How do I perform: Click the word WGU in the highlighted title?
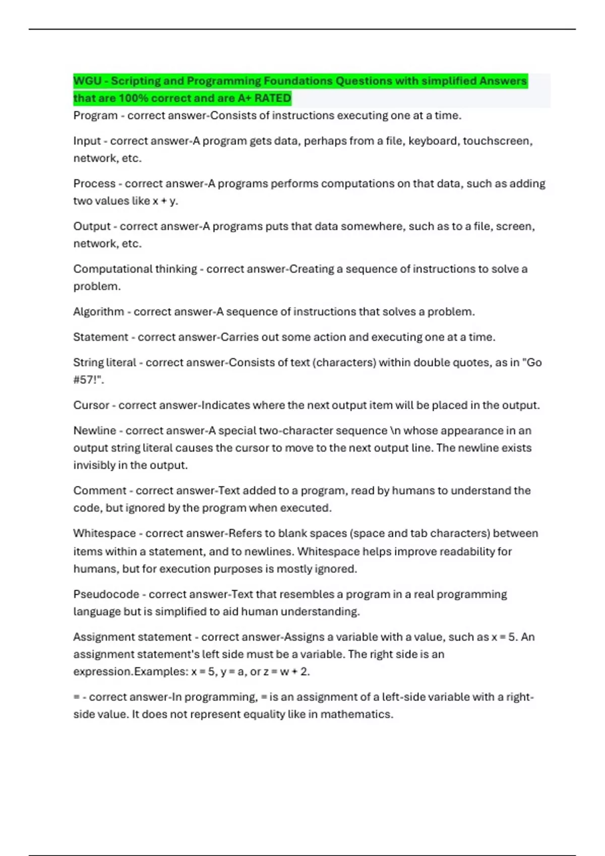point(88,81)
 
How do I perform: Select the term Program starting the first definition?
point(95,116)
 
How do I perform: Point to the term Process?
point(94,184)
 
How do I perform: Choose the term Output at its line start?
point(92,227)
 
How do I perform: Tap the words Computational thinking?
point(135,269)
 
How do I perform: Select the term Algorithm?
point(98,312)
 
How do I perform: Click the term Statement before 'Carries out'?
point(100,337)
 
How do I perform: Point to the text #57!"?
point(89,380)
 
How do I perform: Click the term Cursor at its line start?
point(91,405)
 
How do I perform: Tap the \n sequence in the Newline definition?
point(395,431)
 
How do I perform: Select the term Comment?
point(100,491)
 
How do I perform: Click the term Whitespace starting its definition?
point(104,534)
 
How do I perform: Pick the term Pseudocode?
point(106,595)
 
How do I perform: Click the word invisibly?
point(94,465)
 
